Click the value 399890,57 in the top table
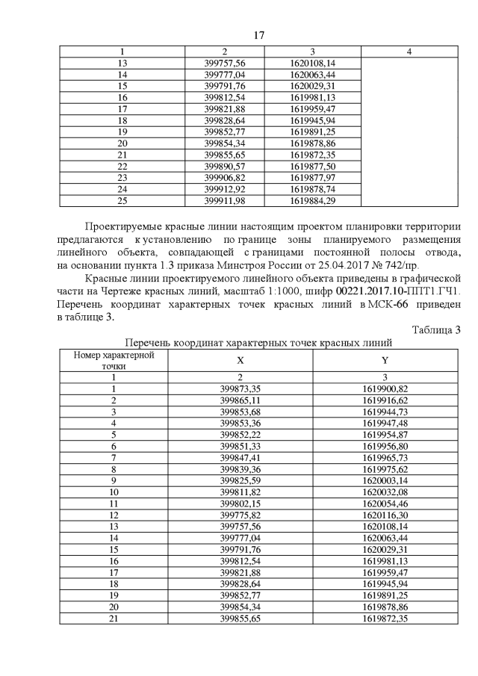click(x=225, y=165)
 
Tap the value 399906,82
click(x=225, y=177)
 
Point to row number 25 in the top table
click(x=123, y=200)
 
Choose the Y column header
click(x=385, y=360)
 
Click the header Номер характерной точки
click(x=114, y=360)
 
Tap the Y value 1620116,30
click(x=385, y=515)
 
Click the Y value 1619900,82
click(x=385, y=388)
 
